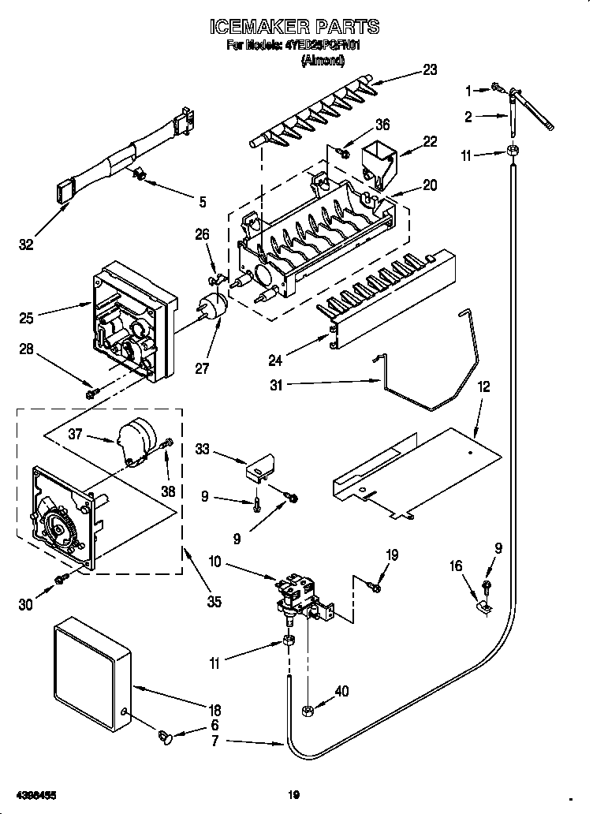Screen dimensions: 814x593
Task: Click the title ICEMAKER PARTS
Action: click(x=294, y=27)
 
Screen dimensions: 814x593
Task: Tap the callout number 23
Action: click(x=429, y=69)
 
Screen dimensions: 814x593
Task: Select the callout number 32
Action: click(x=27, y=245)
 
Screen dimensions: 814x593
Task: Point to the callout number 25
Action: click(x=27, y=318)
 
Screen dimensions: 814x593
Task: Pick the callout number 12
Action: click(x=483, y=387)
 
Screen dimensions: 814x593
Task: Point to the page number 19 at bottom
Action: click(x=294, y=794)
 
